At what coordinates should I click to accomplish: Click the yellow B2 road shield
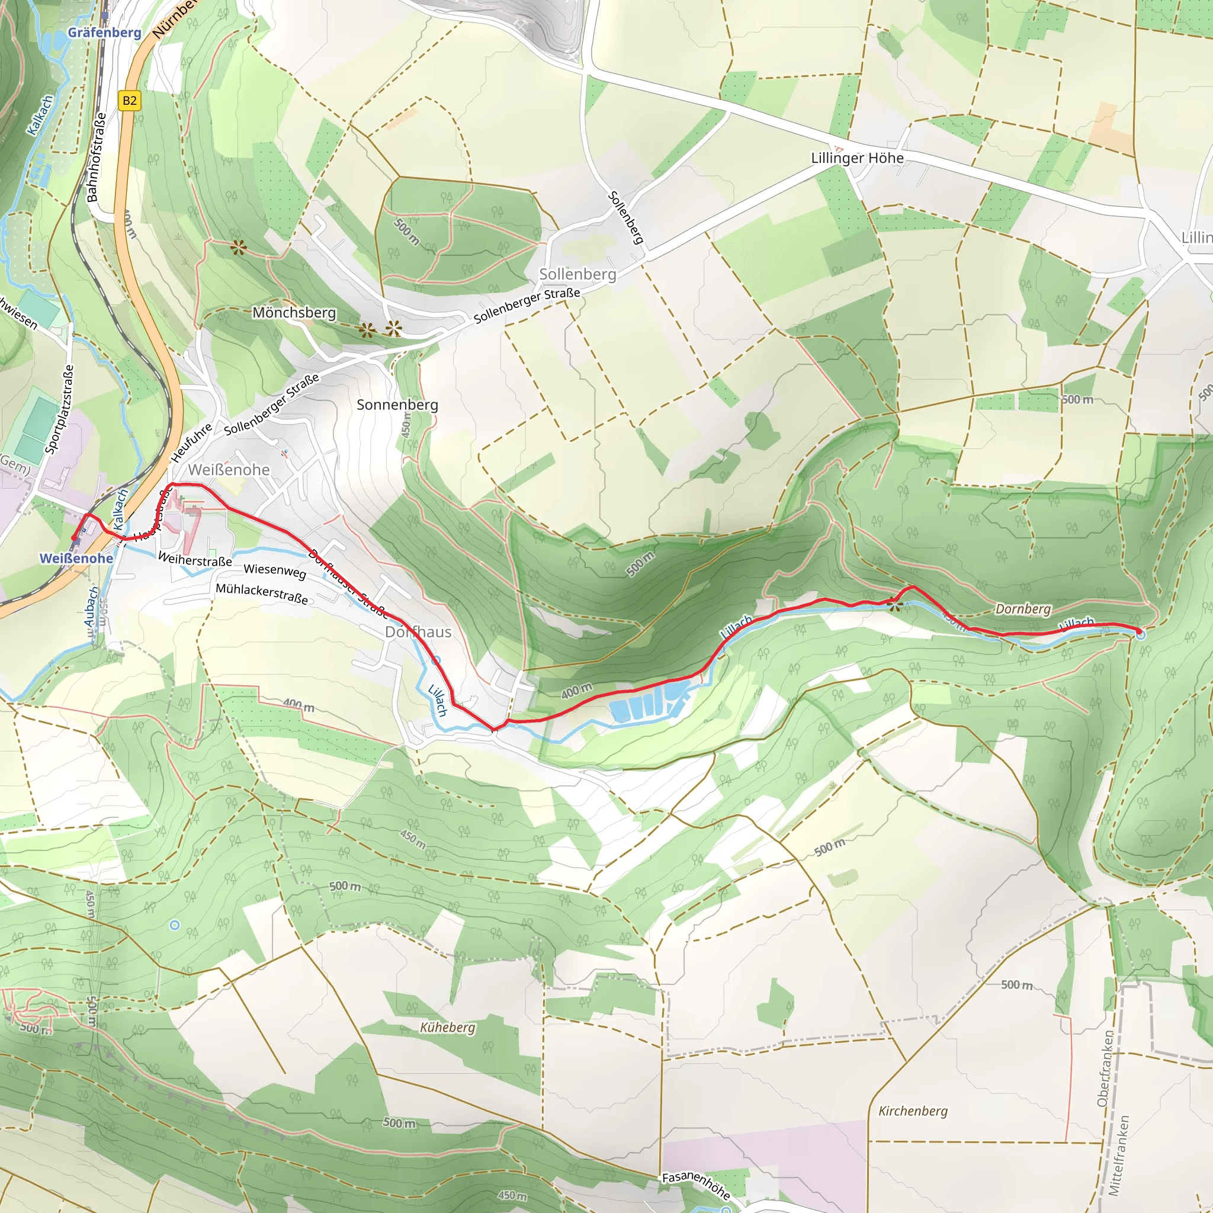(x=129, y=101)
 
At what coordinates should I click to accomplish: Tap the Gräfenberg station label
(x=104, y=32)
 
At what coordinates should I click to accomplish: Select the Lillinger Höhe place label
(x=857, y=158)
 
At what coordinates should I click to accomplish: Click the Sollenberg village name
(x=577, y=274)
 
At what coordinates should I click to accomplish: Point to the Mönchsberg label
(x=294, y=313)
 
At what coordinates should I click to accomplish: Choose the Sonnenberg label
(x=397, y=405)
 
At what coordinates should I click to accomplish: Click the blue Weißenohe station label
(x=76, y=558)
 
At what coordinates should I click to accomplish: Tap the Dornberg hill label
(x=1023, y=609)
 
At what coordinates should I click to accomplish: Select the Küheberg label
(x=448, y=1027)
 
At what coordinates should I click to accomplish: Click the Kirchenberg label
(x=913, y=1111)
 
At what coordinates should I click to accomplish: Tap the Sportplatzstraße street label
(x=60, y=409)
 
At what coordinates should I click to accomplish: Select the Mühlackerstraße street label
(x=262, y=593)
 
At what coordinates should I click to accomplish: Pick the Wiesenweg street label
(x=275, y=571)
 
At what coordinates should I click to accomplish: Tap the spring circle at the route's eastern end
(x=1141, y=636)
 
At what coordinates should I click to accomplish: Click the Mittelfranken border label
(x=1119, y=1155)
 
